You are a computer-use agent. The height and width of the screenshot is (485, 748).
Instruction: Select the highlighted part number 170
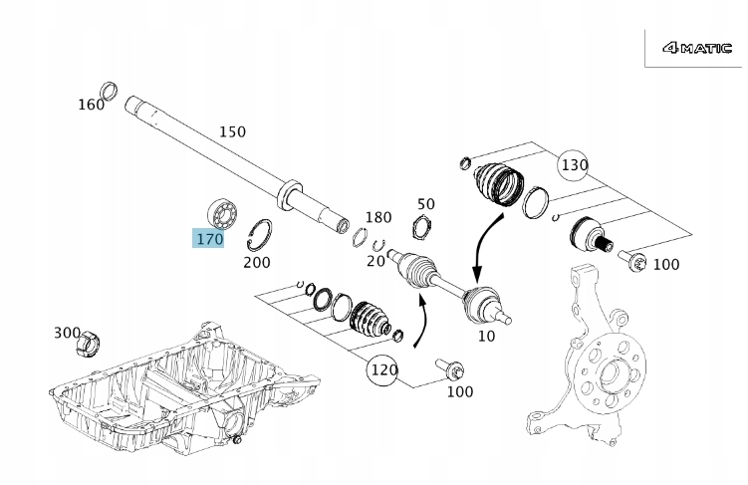[209, 238]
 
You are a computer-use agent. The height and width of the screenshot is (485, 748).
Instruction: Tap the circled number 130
[574, 164]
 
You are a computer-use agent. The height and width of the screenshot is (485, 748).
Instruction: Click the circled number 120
[383, 370]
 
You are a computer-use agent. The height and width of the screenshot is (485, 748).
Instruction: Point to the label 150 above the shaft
[232, 131]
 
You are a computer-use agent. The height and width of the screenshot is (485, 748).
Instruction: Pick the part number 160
[91, 105]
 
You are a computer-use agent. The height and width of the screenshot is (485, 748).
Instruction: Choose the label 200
[257, 263]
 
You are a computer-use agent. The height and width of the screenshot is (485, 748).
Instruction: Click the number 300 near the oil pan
[68, 333]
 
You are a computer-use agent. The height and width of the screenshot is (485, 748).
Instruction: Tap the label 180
[378, 218]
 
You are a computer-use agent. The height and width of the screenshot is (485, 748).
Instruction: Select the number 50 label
[426, 204]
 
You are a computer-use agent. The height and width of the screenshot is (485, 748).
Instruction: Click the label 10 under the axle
[486, 337]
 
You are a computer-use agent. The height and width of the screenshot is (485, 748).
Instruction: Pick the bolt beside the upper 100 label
[634, 262]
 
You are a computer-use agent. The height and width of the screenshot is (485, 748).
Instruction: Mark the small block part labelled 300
[89, 345]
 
